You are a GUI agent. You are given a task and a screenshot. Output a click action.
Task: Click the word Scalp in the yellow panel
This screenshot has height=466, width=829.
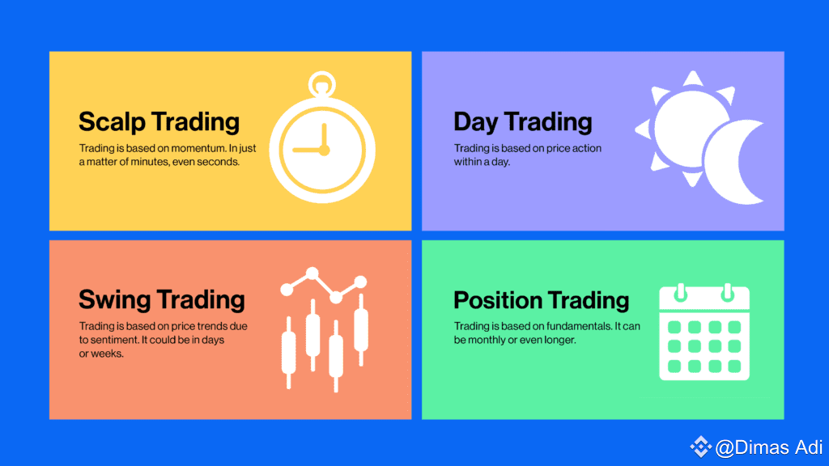click(112, 122)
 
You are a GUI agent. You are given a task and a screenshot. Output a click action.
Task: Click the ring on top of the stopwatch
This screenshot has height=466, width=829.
click(322, 83)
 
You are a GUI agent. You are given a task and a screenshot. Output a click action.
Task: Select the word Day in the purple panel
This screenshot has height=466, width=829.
click(476, 122)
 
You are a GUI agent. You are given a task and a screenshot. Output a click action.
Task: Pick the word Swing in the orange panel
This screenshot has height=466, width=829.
click(117, 300)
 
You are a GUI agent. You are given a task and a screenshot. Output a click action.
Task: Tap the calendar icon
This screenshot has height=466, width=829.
click(704, 332)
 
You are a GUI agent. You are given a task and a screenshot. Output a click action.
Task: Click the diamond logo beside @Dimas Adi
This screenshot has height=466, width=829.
click(701, 447)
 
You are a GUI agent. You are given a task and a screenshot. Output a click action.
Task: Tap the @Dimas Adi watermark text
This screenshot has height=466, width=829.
click(769, 447)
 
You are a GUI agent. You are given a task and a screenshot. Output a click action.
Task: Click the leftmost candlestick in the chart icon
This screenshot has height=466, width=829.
click(289, 353)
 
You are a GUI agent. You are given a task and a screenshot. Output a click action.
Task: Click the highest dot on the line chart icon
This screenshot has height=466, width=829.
click(312, 273)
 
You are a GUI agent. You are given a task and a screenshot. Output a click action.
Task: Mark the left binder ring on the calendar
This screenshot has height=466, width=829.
click(681, 292)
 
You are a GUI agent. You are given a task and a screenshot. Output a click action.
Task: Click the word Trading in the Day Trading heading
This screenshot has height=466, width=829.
click(549, 122)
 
